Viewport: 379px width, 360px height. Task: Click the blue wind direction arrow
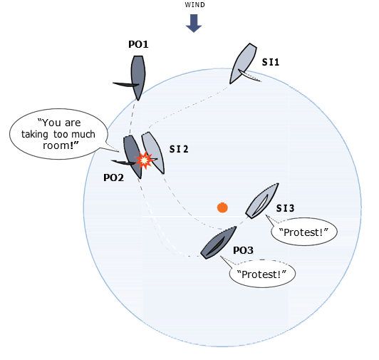pyautogui.click(x=194, y=24)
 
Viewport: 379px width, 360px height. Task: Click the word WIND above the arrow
pyautogui.click(x=194, y=5)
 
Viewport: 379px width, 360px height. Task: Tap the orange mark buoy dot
pyautogui.click(x=222, y=207)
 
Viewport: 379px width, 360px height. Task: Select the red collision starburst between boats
pyautogui.click(x=144, y=160)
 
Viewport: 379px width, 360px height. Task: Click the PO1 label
pyautogui.click(x=138, y=44)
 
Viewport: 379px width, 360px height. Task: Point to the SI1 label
pyautogui.click(x=271, y=63)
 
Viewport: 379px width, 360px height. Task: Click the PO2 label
pyautogui.click(x=113, y=178)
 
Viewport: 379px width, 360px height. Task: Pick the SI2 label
pyautogui.click(x=179, y=149)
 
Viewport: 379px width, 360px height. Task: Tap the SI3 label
pyautogui.click(x=286, y=208)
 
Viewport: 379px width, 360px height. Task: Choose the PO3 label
pyautogui.click(x=243, y=250)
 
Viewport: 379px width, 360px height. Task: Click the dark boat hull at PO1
pyautogui.click(x=138, y=78)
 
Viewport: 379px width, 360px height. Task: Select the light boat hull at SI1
pyautogui.click(x=243, y=63)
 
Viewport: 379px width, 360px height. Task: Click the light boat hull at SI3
pyautogui.click(x=262, y=201)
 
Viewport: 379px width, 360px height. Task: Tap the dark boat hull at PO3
pyautogui.click(x=218, y=242)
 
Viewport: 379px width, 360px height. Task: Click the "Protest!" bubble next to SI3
pyautogui.click(x=303, y=232)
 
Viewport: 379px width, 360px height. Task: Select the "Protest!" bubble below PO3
pyautogui.click(x=262, y=274)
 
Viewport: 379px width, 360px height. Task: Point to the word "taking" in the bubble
pyautogui.click(x=35, y=134)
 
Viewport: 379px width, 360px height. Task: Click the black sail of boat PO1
pyautogui.click(x=126, y=84)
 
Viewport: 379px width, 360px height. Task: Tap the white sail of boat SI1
pyautogui.click(x=249, y=76)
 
